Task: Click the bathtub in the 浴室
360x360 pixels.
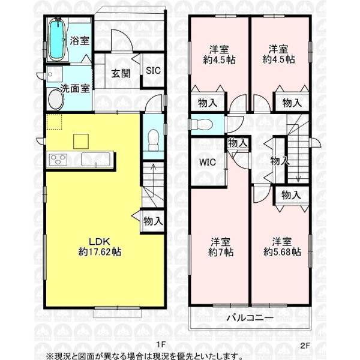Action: [57, 40]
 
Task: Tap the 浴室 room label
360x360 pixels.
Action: [79, 41]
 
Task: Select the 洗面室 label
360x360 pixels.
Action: [75, 89]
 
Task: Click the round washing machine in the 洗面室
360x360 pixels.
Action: [56, 100]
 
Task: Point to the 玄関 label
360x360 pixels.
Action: [121, 73]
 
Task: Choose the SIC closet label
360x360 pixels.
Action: [153, 70]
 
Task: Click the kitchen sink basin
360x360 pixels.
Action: [95, 159]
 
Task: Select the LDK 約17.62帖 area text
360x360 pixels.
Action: [100, 247]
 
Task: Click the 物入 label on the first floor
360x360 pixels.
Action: [153, 221]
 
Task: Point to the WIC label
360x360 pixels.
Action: [208, 162]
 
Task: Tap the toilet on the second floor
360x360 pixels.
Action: [203, 125]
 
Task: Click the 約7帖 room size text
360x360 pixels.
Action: [221, 253]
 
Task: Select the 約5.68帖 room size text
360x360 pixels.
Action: [282, 252]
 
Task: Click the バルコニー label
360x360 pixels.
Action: [250, 318]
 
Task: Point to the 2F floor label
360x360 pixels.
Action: [305, 346]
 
